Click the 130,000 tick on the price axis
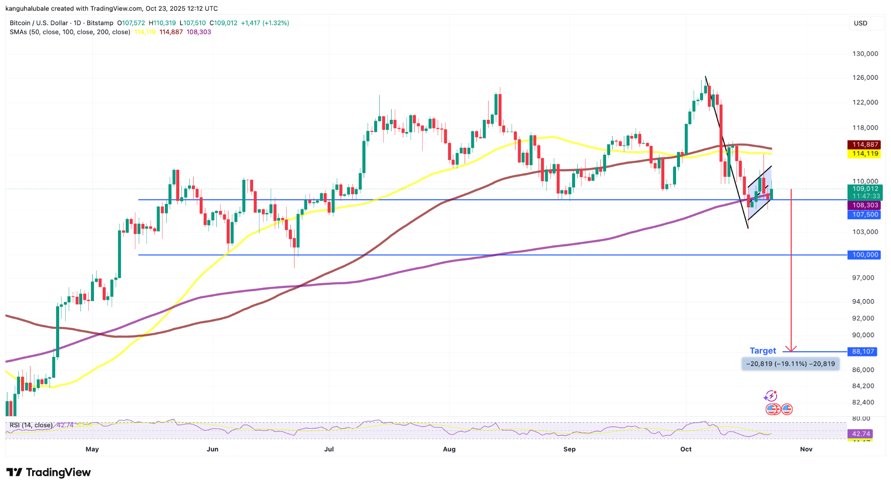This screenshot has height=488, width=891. pos(865,54)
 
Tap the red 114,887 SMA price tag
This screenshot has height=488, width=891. pos(864,145)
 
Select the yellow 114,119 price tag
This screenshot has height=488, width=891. pos(864,154)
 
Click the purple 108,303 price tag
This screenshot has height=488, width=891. pos(864,205)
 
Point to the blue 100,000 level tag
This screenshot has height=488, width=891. pos(864,255)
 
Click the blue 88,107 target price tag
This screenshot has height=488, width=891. pos(862,352)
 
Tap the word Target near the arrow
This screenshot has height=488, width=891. pos(763,351)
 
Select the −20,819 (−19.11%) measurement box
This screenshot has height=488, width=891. pos(790,364)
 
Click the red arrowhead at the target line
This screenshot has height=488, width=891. pos(791,349)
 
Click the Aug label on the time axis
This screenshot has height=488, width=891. pos(449,449)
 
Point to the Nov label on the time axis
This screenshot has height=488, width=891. pos(806,449)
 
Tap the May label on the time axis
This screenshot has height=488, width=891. pos(92,449)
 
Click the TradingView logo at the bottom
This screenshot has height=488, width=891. pos(49,472)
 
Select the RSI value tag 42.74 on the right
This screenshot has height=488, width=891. pos(861,434)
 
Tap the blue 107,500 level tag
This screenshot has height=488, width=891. pos(864,214)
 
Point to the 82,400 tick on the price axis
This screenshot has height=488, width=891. pos(863,402)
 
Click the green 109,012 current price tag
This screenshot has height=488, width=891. pos(864,189)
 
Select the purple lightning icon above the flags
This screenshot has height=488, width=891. pos(770,396)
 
